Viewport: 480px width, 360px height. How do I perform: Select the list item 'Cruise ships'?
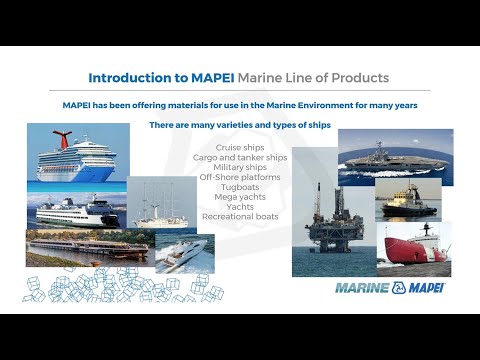click(239, 147)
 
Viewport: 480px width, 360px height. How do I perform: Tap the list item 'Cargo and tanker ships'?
click(239, 157)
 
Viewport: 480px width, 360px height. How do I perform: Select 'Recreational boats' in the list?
click(239, 216)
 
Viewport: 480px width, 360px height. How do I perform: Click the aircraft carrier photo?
click(395, 153)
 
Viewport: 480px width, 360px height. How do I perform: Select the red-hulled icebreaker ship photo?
click(413, 246)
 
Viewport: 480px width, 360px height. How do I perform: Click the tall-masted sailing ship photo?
click(162, 205)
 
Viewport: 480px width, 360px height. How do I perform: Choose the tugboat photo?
click(407, 200)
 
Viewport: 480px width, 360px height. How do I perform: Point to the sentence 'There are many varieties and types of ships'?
click(239, 125)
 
